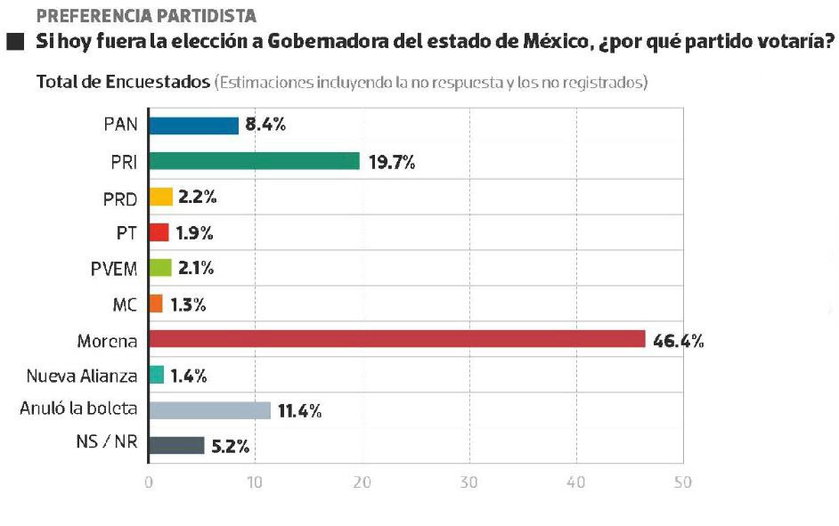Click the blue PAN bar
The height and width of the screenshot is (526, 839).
(x=193, y=125)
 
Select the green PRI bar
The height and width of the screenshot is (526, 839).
(x=254, y=161)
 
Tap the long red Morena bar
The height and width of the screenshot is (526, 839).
(x=396, y=339)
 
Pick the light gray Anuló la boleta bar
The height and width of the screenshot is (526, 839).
(x=209, y=410)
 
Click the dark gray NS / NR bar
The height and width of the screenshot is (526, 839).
(x=176, y=445)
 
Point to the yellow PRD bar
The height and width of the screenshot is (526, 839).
(x=160, y=197)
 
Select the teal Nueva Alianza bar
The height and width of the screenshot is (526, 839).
(x=156, y=375)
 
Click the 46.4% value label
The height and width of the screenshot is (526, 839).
(x=678, y=340)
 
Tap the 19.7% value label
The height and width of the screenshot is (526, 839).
(x=392, y=162)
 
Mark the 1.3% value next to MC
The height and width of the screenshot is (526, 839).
(x=188, y=304)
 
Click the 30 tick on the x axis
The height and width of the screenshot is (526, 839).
(x=469, y=482)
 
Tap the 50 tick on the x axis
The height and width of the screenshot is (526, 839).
(x=682, y=482)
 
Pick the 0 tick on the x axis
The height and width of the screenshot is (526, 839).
(x=149, y=482)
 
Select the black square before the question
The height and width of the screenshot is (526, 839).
(x=14, y=42)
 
